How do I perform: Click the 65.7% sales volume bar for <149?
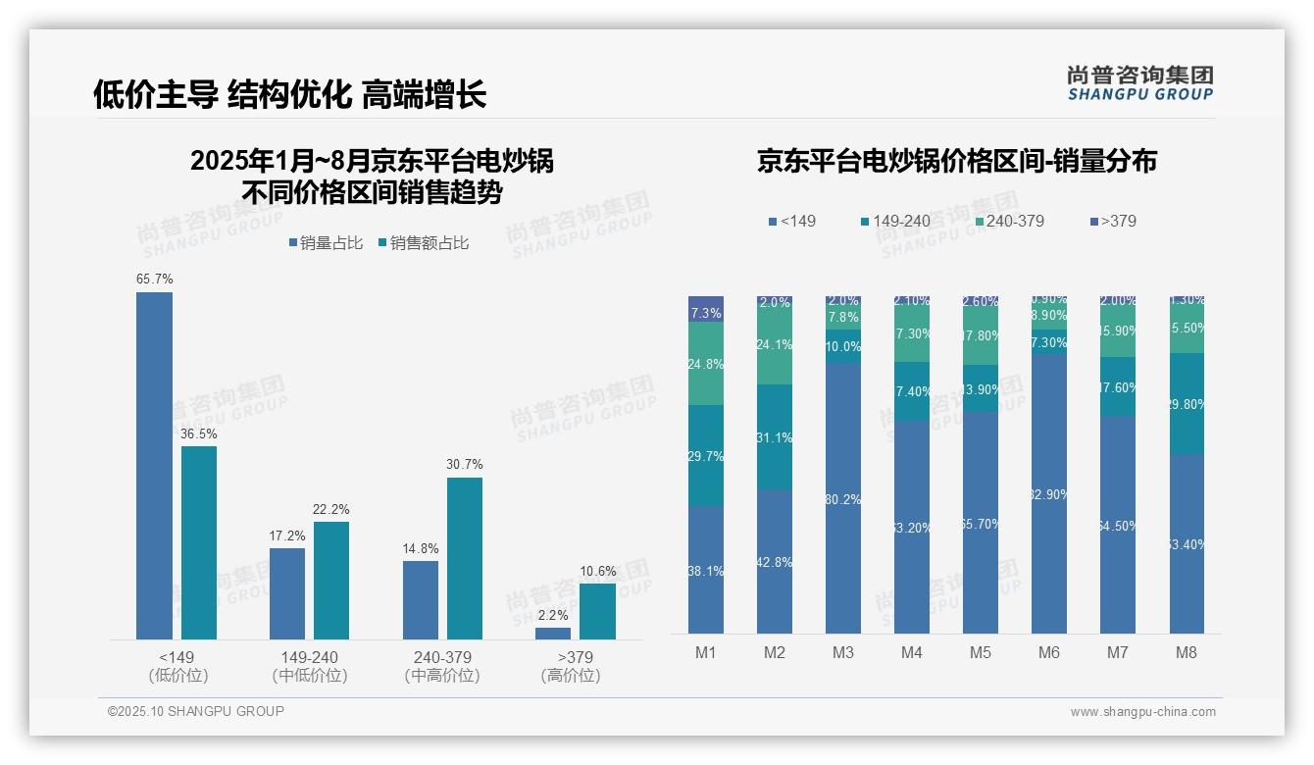(154, 466)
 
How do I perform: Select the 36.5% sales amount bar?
(199, 542)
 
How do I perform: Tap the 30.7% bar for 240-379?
(465, 558)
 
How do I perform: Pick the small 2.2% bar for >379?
(553, 634)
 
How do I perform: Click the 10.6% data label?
(597, 571)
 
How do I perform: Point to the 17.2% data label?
(287, 535)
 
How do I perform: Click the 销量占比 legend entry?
(327, 243)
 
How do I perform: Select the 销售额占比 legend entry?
(423, 243)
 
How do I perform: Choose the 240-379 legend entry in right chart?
(1007, 221)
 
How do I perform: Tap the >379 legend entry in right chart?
(1112, 221)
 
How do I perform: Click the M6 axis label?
(1048, 653)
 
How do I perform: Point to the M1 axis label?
(706, 653)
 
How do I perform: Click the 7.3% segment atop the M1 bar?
(706, 309)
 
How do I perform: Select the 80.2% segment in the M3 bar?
(843, 498)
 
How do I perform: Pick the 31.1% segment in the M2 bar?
(775, 437)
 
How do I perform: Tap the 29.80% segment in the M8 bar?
(1187, 403)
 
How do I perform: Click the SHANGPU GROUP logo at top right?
(1139, 83)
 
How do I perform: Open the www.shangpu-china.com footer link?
(1142, 712)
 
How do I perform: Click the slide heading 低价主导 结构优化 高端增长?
(289, 94)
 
